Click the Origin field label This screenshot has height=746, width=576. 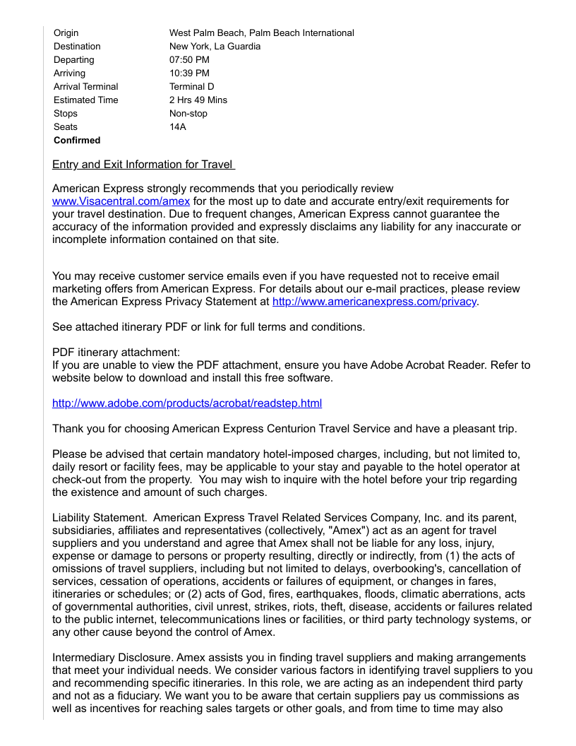tap(66, 32)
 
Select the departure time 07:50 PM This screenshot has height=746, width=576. tap(189, 59)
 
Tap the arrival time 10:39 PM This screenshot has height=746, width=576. tap(189, 73)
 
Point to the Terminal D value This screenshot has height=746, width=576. tap(191, 86)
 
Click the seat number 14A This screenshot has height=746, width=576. tap(177, 126)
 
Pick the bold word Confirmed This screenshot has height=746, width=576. tap(77, 140)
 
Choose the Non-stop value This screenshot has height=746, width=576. tap(188, 113)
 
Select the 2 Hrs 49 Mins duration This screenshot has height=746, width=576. tap(198, 100)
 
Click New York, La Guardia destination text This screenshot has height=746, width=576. tap(215, 46)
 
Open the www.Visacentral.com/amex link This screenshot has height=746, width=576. tap(121, 201)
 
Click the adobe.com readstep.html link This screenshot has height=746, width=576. tap(187, 403)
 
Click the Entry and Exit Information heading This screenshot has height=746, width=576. tap(143, 165)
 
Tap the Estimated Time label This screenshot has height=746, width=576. tap(86, 100)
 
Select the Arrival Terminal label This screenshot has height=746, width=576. tap(86, 86)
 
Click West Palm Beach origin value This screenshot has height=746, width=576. tap(261, 32)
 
